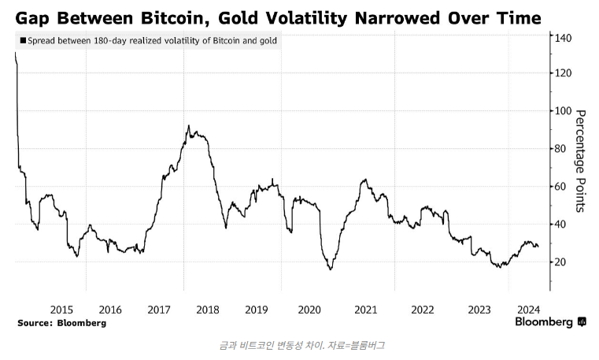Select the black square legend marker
pyautogui.click(x=21, y=39)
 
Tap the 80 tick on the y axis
pyautogui.click(x=560, y=148)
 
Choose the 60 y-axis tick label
pyautogui.click(x=560, y=186)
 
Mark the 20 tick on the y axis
pyautogui.click(x=560, y=262)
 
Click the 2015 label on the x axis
pyautogui.click(x=61, y=309)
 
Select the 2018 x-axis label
pyautogui.click(x=207, y=309)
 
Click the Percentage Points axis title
pyautogui.click(x=581, y=161)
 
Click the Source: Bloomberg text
pyautogui.click(x=61, y=323)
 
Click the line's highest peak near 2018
pyautogui.click(x=189, y=125)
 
